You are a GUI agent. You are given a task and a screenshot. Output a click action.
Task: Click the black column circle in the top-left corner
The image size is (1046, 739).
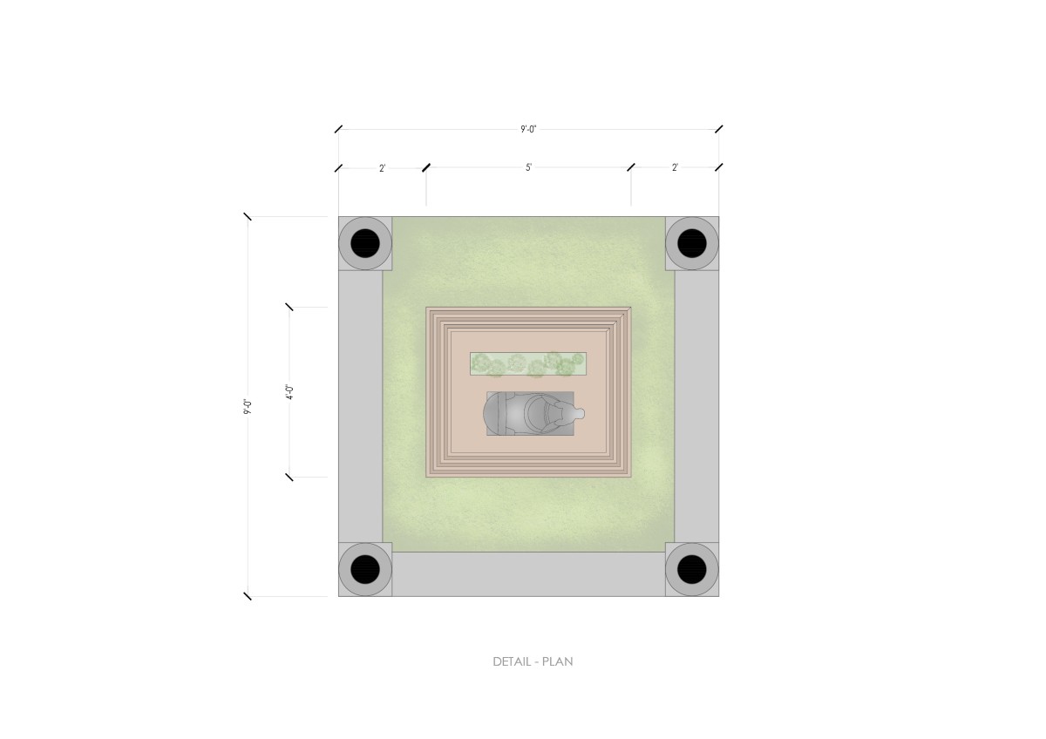tap(365, 243)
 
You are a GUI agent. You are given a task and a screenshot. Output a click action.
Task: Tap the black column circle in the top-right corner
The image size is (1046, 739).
tap(691, 243)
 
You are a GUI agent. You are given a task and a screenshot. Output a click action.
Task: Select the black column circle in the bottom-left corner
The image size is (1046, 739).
tap(365, 569)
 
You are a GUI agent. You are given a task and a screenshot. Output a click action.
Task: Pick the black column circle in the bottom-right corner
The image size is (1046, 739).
tap(691, 569)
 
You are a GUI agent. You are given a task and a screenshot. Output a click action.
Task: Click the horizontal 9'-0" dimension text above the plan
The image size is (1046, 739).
tap(528, 129)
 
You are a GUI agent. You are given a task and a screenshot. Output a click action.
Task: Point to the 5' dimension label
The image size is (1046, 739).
tap(528, 167)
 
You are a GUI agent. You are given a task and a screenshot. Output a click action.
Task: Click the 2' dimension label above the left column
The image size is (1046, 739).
tap(382, 168)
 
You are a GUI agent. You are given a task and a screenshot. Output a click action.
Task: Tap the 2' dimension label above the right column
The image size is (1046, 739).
tap(675, 167)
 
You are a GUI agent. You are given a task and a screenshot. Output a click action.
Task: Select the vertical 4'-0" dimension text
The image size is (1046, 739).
tap(290, 392)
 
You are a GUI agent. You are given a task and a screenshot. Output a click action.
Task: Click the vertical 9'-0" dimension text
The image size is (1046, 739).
tap(248, 406)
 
